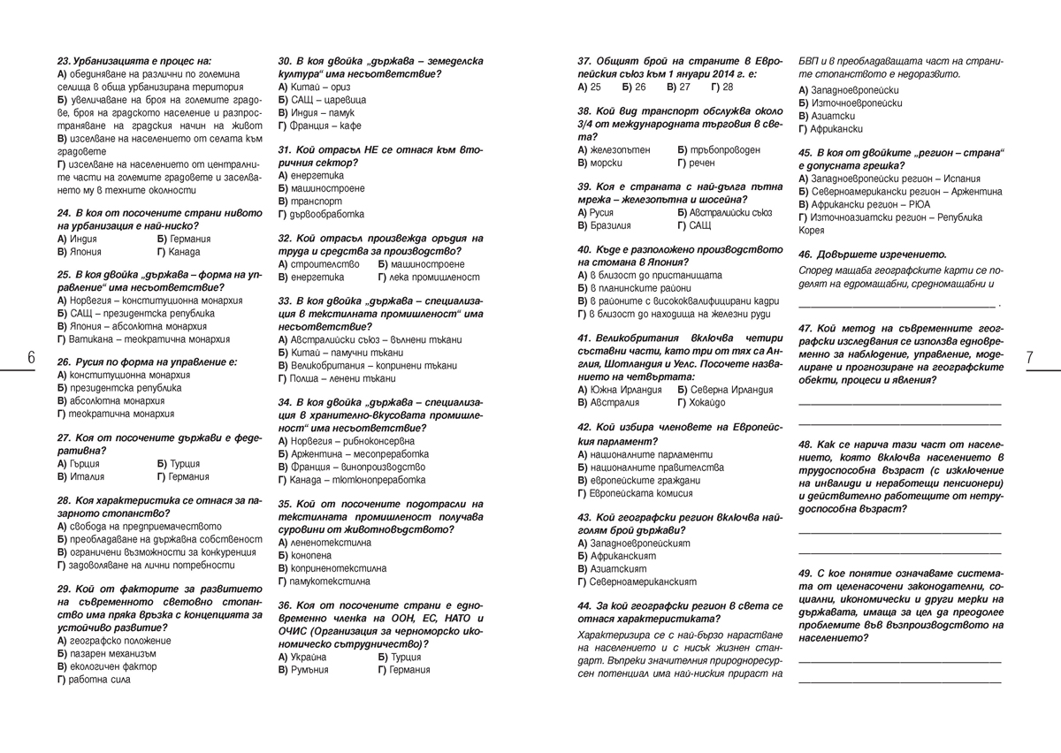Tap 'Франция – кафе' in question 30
[x=312, y=126]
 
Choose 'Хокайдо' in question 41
[x=706, y=402]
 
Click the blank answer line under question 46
[x=897, y=304]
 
